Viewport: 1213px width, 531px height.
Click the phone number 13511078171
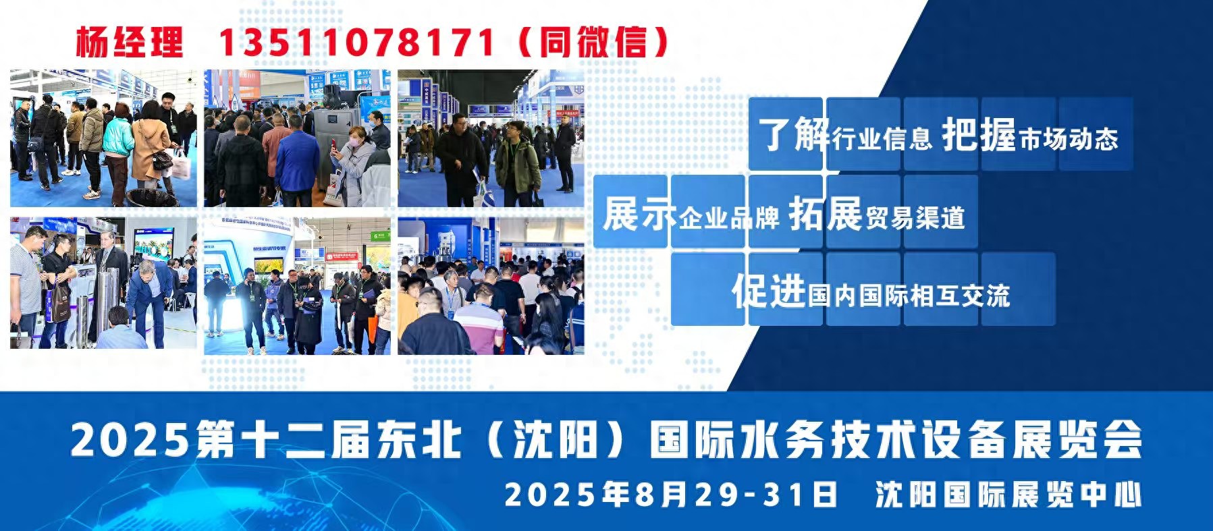click(x=356, y=43)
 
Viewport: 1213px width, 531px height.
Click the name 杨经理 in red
click(x=129, y=43)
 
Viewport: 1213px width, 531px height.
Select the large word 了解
click(x=794, y=134)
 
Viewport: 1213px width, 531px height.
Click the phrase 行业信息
click(x=882, y=138)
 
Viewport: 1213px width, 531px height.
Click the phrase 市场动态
click(x=1069, y=138)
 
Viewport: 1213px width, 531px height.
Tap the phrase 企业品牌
click(x=728, y=218)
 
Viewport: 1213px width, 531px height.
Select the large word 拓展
click(x=826, y=214)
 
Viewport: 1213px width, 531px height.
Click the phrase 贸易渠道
click(x=915, y=218)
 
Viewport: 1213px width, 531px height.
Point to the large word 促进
click(x=769, y=291)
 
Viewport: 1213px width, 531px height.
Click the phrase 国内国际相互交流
click(x=909, y=296)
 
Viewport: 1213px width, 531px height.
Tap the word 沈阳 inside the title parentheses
click(x=554, y=440)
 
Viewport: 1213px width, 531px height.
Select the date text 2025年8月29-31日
click(x=670, y=495)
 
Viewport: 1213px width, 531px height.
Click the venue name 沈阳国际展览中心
click(x=1008, y=495)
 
